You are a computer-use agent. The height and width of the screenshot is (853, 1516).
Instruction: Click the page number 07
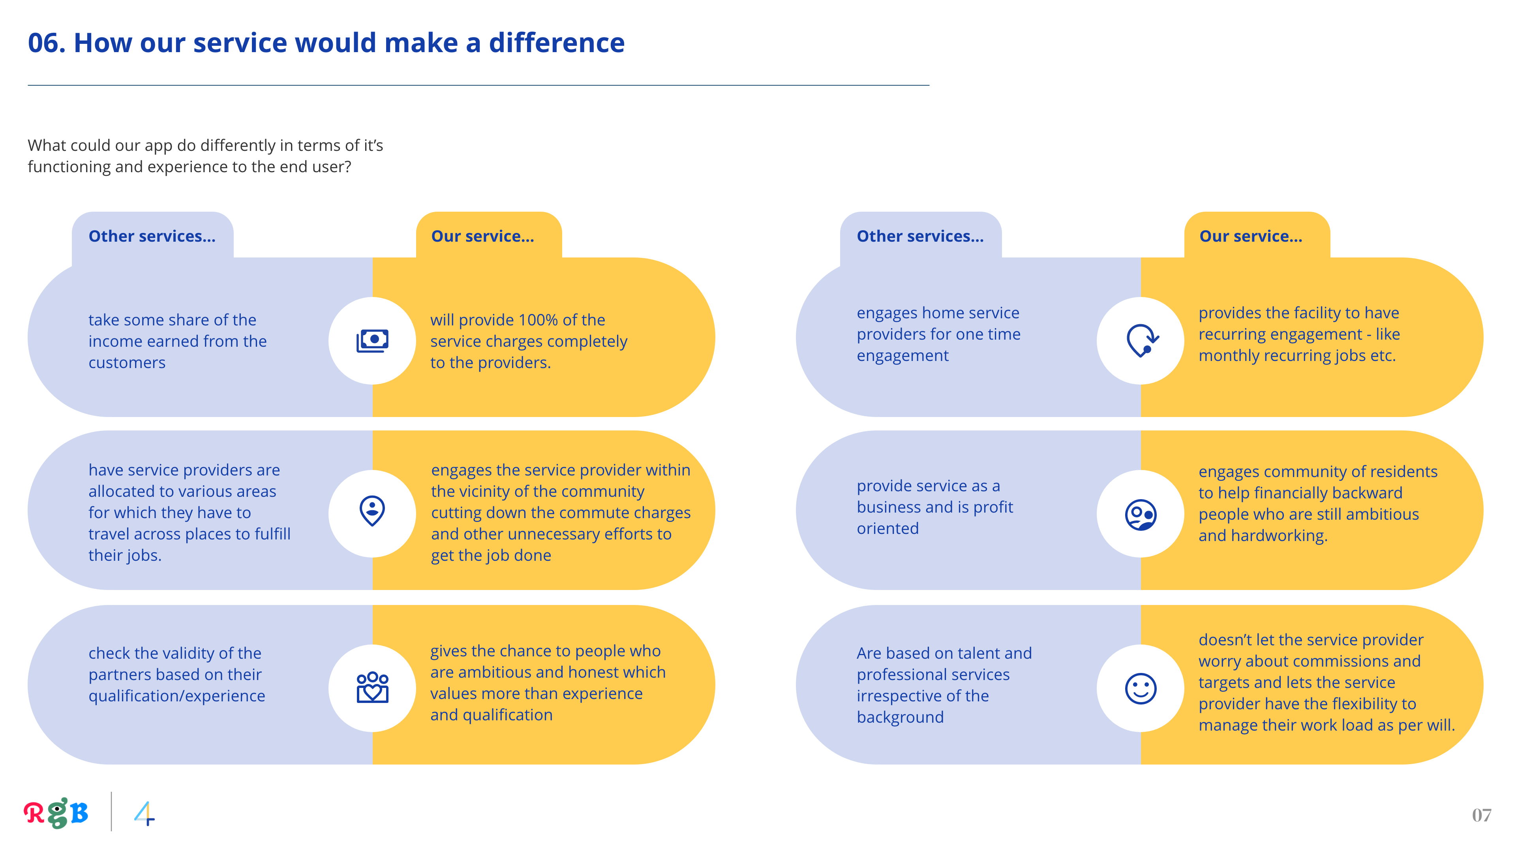(x=1481, y=815)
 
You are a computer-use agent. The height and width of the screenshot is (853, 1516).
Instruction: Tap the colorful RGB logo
(x=56, y=813)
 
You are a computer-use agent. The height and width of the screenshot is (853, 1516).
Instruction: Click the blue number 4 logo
(x=144, y=814)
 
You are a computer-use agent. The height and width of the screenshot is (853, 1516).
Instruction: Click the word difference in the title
(x=556, y=43)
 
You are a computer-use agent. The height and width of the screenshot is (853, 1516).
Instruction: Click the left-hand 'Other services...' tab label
(x=152, y=236)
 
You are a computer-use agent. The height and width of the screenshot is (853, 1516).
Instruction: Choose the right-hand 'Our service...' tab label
(x=1251, y=236)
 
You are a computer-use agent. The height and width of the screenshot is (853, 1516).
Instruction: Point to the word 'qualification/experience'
(x=176, y=696)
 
